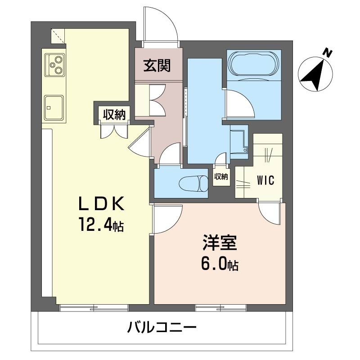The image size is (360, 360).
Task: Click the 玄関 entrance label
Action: (x=157, y=65)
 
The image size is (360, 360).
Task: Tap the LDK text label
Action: (x=101, y=204)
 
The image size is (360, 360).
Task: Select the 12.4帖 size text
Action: (x=101, y=225)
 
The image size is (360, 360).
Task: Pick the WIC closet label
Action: (x=265, y=180)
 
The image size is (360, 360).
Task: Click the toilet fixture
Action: (x=193, y=184)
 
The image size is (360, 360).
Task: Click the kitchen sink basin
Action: (x=54, y=108)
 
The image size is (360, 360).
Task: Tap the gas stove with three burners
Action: (x=55, y=65)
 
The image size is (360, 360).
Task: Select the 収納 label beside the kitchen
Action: (x=114, y=114)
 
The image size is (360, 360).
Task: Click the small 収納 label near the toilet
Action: (x=221, y=176)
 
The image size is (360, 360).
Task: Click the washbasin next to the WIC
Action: (x=239, y=141)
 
